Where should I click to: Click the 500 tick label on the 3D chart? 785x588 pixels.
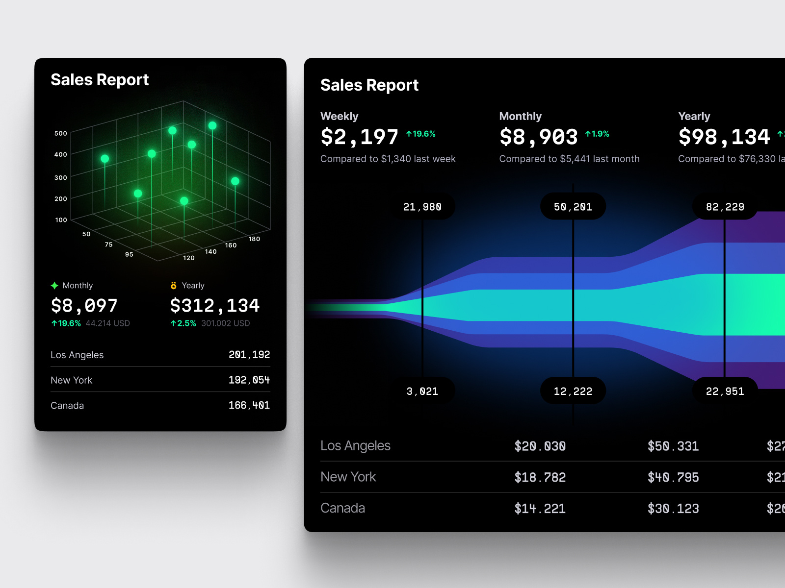point(60,133)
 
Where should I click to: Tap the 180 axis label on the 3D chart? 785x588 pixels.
point(254,239)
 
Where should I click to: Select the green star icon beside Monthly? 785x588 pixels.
point(54,286)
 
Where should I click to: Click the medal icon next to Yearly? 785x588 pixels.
point(173,286)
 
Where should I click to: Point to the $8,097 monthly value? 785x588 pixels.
point(84,306)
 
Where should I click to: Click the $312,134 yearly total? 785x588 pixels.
point(214,306)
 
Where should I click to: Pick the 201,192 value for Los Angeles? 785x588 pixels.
point(249,355)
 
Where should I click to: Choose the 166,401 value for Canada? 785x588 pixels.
point(249,405)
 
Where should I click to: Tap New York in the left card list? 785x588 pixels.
point(72,380)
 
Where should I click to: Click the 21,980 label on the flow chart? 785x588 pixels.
point(422,207)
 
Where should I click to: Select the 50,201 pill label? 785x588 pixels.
point(573,207)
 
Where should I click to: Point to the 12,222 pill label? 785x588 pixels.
point(573,391)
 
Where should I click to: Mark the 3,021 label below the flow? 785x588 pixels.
point(422,391)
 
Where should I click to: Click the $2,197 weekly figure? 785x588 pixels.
point(360,137)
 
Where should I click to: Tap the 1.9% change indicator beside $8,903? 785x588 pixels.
point(597,134)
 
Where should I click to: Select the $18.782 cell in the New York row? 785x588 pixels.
point(540,477)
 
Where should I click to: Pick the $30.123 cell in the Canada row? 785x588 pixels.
point(673,509)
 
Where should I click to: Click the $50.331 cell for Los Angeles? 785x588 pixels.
point(673,446)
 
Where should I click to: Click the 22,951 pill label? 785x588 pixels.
point(725,391)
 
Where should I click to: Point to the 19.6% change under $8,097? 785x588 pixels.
point(66,323)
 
